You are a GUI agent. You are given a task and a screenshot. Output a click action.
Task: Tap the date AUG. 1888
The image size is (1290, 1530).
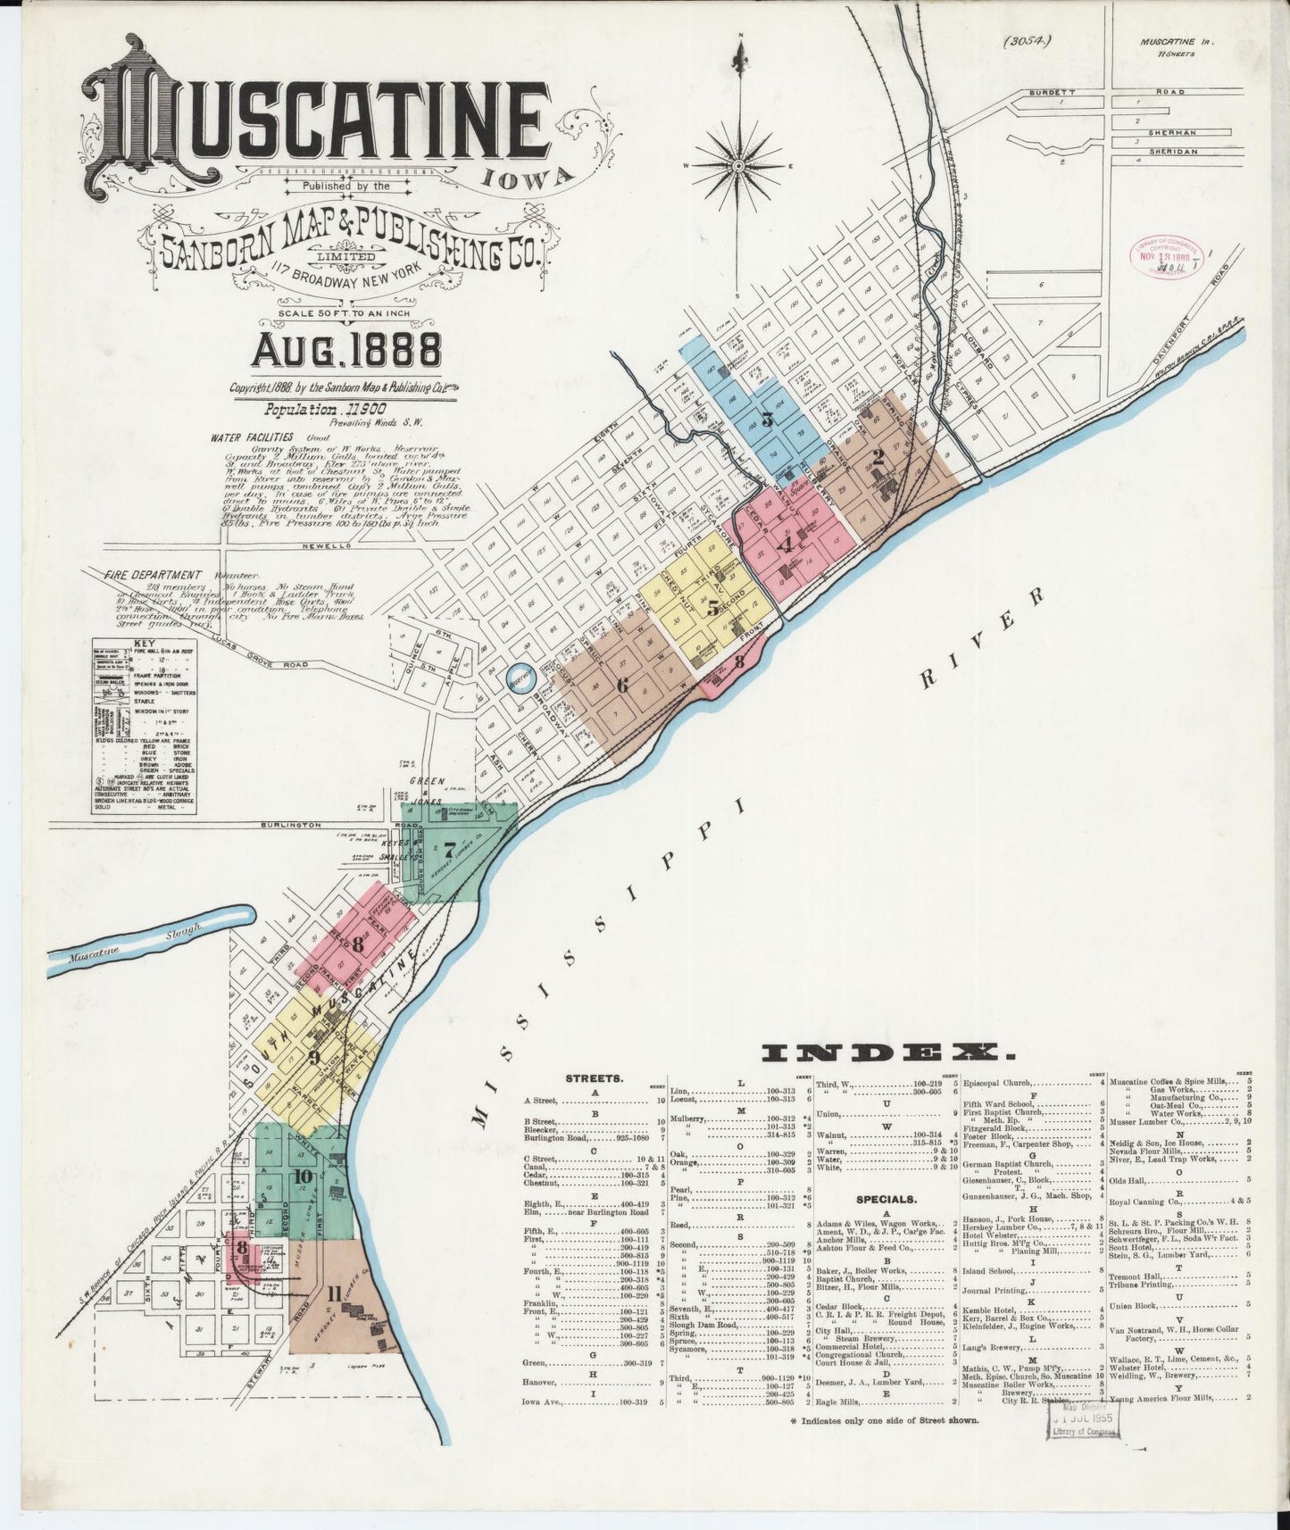pyautogui.click(x=346, y=351)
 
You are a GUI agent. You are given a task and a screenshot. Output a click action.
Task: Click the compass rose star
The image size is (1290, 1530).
pyautogui.click(x=739, y=166)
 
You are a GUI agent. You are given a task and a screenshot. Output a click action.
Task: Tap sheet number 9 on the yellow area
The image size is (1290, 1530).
pyautogui.click(x=312, y=1059)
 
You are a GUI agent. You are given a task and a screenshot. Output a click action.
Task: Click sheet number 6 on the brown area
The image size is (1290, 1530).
pyautogui.click(x=622, y=686)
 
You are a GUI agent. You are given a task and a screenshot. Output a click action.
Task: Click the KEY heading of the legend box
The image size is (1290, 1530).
pyautogui.click(x=137, y=644)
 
